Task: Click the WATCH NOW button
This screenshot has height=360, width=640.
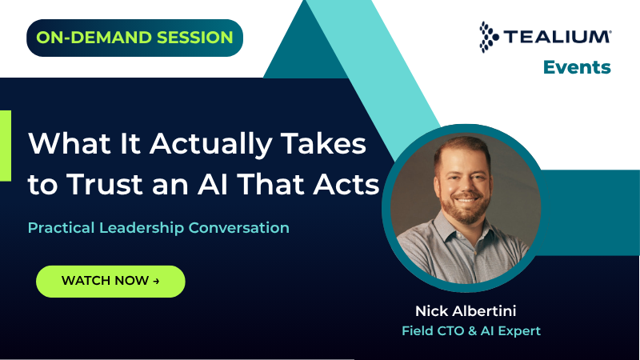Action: [x=110, y=282]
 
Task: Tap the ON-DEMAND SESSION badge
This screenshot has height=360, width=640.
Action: [x=134, y=38]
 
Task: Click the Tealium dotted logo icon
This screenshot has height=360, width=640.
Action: [x=489, y=37]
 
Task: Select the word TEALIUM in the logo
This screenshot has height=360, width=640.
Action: [x=557, y=37]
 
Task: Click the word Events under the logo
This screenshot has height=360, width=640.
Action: [x=577, y=67]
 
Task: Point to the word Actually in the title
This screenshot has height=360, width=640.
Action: [x=211, y=145]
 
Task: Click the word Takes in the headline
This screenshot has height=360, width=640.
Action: [x=323, y=144]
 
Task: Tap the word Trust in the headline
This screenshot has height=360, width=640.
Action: [x=105, y=184]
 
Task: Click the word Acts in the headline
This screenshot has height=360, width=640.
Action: [x=346, y=184]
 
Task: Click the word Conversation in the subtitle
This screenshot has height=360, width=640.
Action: [x=238, y=227]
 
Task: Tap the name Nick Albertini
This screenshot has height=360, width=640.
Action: [x=466, y=311]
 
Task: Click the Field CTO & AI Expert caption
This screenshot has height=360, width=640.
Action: [x=471, y=330]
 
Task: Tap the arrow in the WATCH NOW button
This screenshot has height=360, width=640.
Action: [x=156, y=281]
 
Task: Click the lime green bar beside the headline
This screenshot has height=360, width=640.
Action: [x=6, y=146]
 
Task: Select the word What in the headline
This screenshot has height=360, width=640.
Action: [x=70, y=143]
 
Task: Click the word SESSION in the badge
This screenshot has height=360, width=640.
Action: [x=195, y=38]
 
